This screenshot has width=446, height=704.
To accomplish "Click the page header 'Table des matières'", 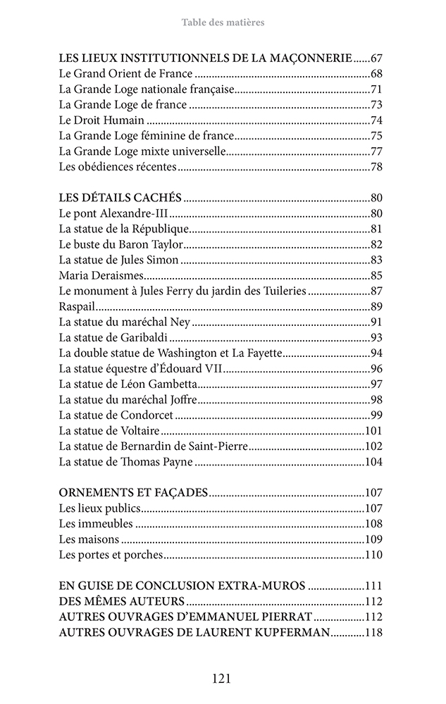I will (223, 23).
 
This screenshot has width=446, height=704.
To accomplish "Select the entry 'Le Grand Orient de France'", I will (125, 74).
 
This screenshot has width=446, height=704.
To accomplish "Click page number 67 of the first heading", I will (376, 58).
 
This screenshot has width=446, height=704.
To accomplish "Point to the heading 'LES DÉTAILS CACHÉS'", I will (120, 198).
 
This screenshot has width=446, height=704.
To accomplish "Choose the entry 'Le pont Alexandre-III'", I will (114, 213).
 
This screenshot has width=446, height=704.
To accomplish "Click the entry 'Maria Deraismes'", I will (101, 275).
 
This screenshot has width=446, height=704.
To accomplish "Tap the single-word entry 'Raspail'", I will (78, 306).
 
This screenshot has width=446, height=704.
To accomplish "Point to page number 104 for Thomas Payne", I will (373, 462).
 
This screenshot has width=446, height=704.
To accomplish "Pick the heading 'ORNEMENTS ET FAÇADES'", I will (133, 493).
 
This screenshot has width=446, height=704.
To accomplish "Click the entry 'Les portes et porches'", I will (111, 555).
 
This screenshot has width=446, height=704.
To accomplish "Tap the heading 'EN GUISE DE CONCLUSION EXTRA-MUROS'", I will (182, 586).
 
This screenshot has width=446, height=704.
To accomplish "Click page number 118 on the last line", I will (373, 632).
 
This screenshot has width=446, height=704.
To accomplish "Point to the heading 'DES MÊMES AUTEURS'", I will (122, 601).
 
